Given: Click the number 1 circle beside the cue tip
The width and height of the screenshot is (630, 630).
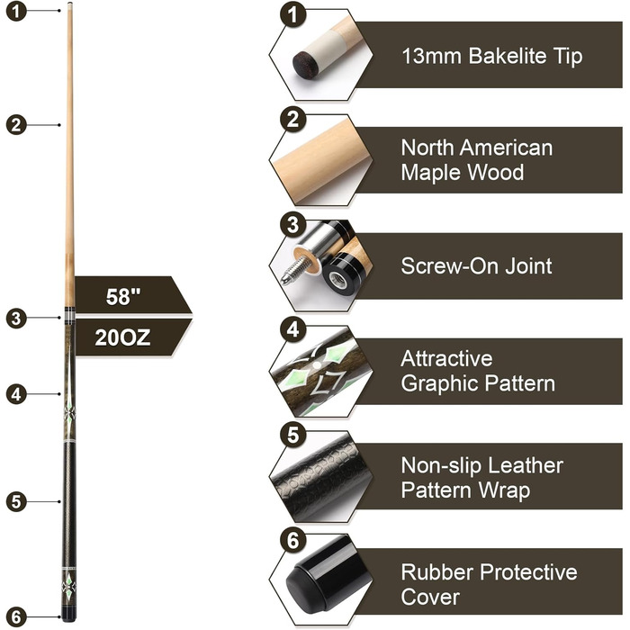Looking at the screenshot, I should point(14,13).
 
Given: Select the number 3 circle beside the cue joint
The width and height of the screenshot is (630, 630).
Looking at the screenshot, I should point(14,317).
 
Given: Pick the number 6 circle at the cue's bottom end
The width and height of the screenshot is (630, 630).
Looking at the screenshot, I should point(14,617).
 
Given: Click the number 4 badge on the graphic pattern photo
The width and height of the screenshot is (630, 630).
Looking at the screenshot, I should point(291,330).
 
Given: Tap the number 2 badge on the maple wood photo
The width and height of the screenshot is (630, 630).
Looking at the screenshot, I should point(291,121).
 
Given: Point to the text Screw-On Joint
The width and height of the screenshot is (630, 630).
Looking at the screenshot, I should point(476,266).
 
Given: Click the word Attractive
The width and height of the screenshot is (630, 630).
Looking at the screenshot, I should point(446,359).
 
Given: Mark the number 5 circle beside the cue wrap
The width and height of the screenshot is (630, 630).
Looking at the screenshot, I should point(14,502).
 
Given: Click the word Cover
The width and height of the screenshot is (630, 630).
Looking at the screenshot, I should point(430,597).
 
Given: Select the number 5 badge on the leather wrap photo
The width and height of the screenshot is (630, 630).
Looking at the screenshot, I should point(291,434).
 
